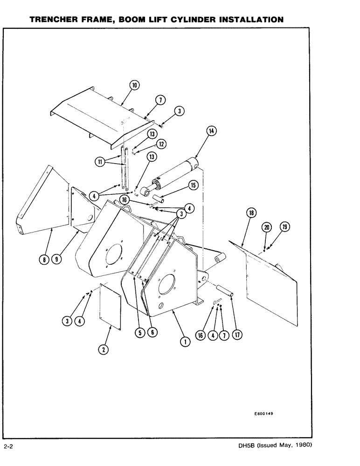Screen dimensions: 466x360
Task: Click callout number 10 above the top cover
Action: coord(134,85)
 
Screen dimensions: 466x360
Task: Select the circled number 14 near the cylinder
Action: coord(212,131)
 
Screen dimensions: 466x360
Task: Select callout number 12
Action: coord(161,144)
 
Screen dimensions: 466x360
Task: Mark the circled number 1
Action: coord(185,342)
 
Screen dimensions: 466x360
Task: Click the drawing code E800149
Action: coord(264,413)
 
